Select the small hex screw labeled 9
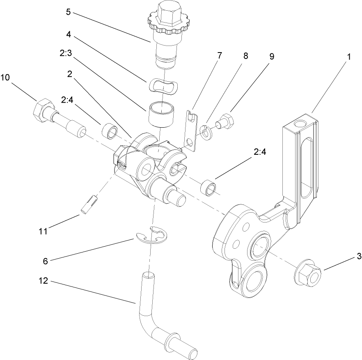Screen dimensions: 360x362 (x=225, y=120)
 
